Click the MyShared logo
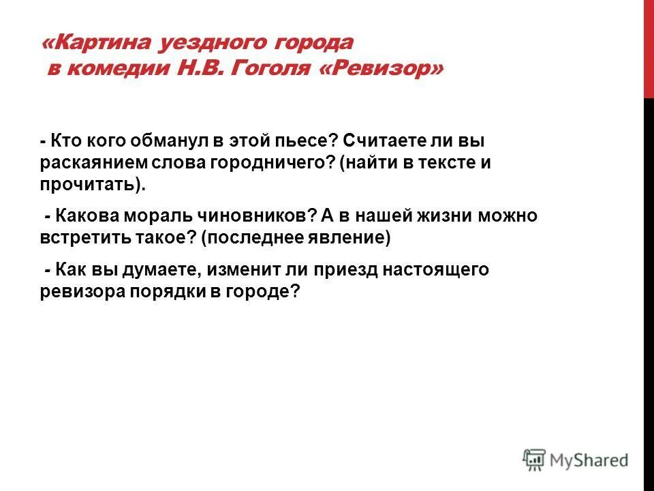(x=576, y=459)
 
